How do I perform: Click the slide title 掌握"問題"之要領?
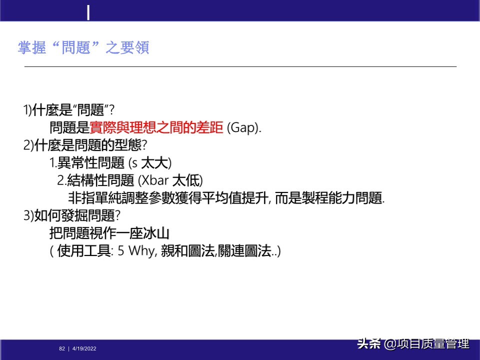pyautogui.click(x=83, y=48)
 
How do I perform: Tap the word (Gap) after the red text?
pyautogui.click(x=244, y=127)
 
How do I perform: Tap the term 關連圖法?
pyautogui.click(x=245, y=250)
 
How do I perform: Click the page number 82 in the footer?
pyautogui.click(x=62, y=348)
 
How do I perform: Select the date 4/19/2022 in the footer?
pyautogui.click(x=84, y=348)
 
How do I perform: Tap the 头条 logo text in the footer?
pyautogui.click(x=369, y=344)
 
